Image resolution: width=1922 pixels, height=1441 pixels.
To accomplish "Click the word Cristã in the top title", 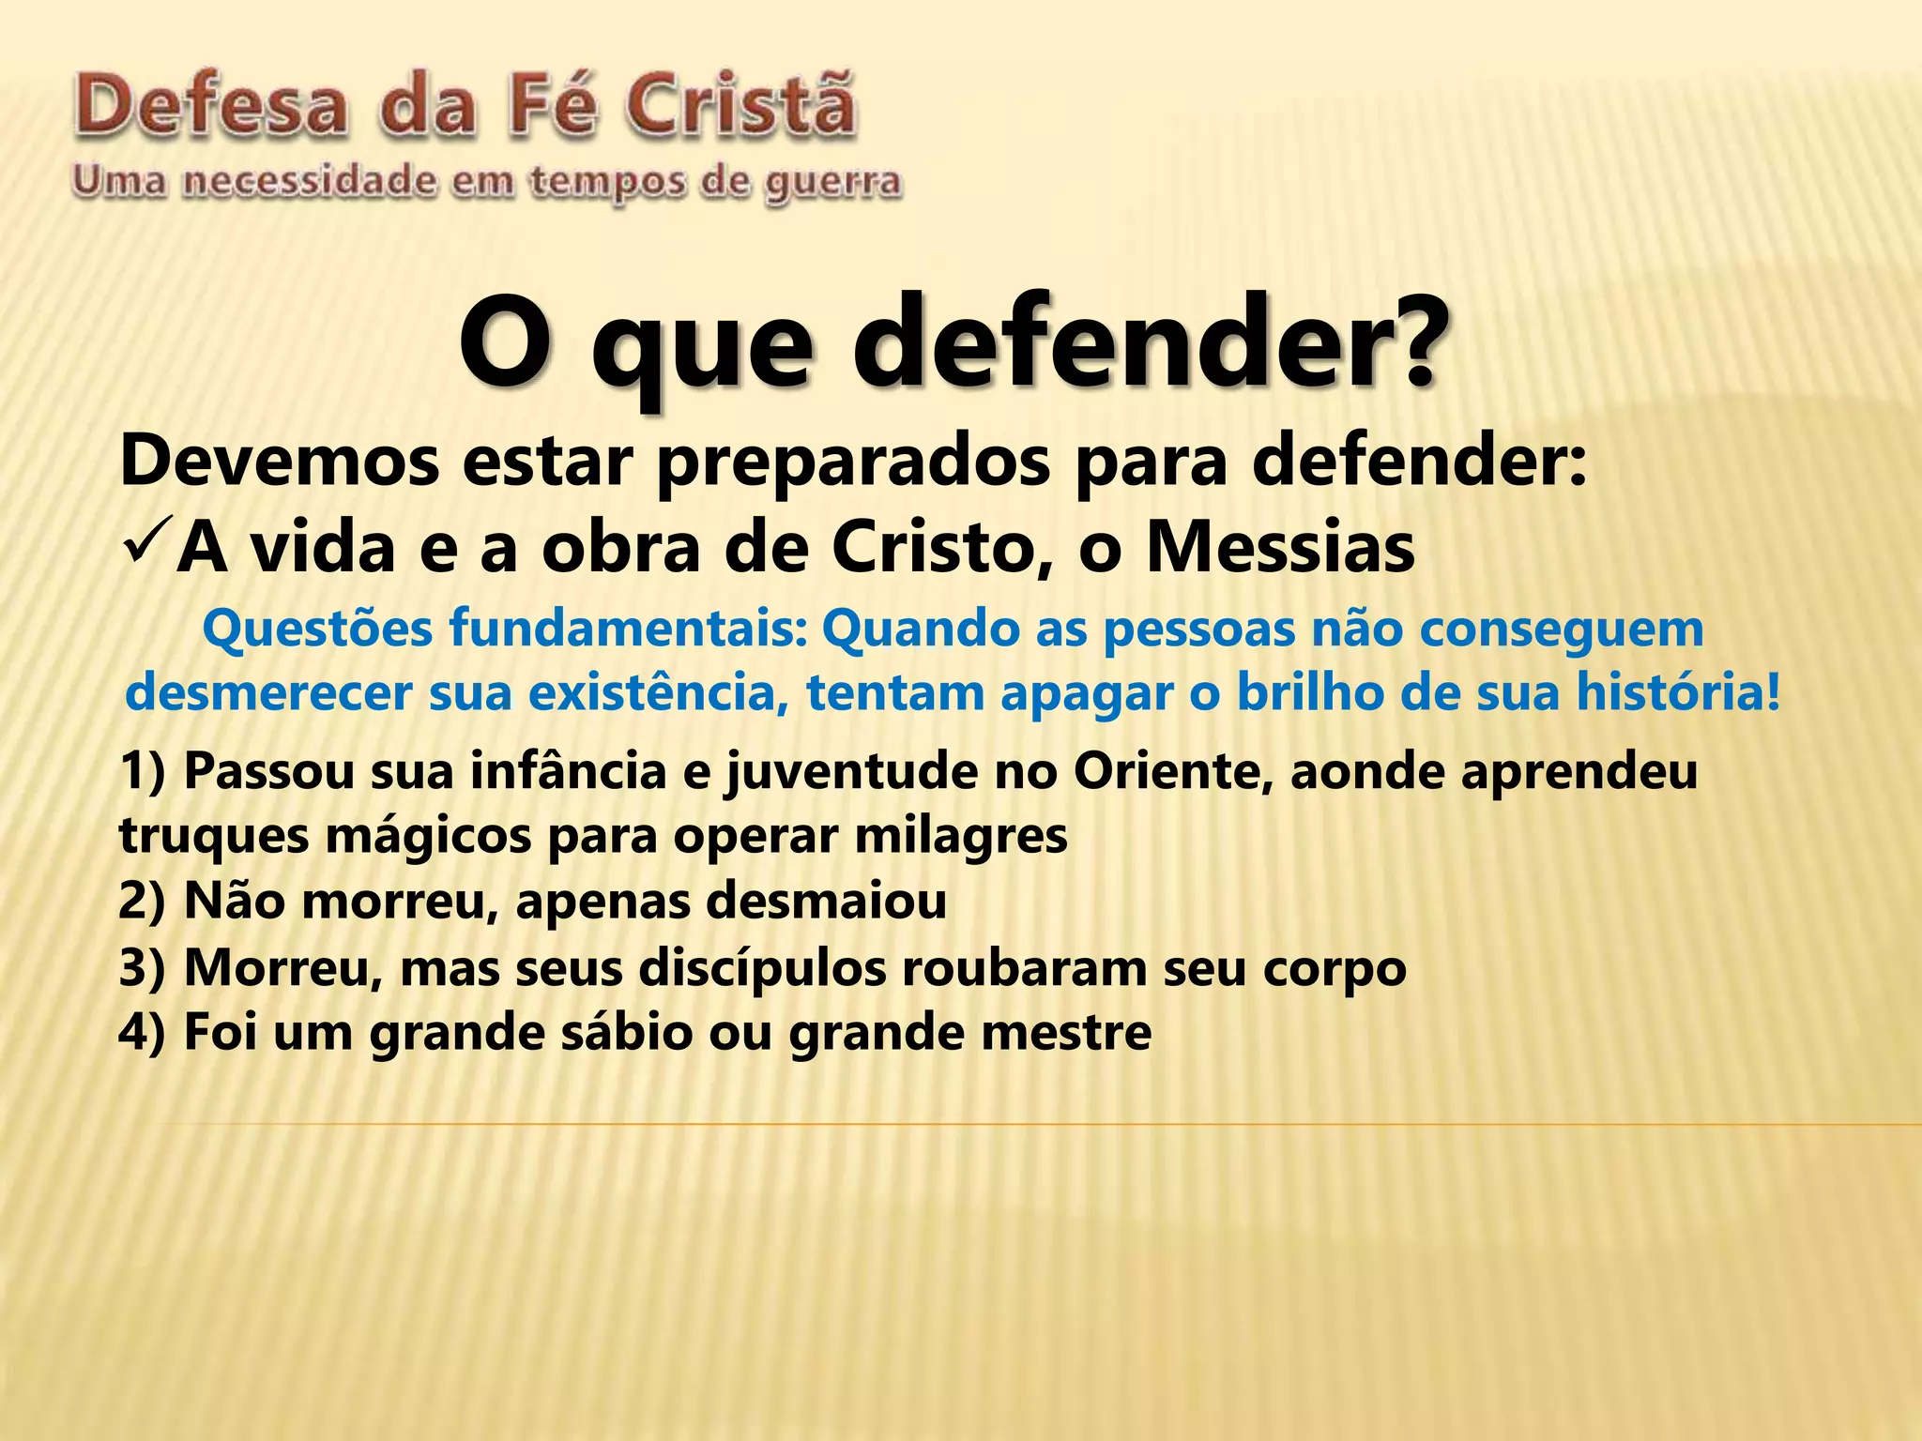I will pos(740,108).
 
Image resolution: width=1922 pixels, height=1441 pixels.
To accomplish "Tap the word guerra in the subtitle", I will pos(832,184).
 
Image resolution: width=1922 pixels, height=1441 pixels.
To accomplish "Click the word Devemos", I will pos(280,461).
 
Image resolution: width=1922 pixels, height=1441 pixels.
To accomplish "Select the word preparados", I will pos(853,463).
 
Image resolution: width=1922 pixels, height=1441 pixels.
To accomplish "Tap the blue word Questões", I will pos(315,630).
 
